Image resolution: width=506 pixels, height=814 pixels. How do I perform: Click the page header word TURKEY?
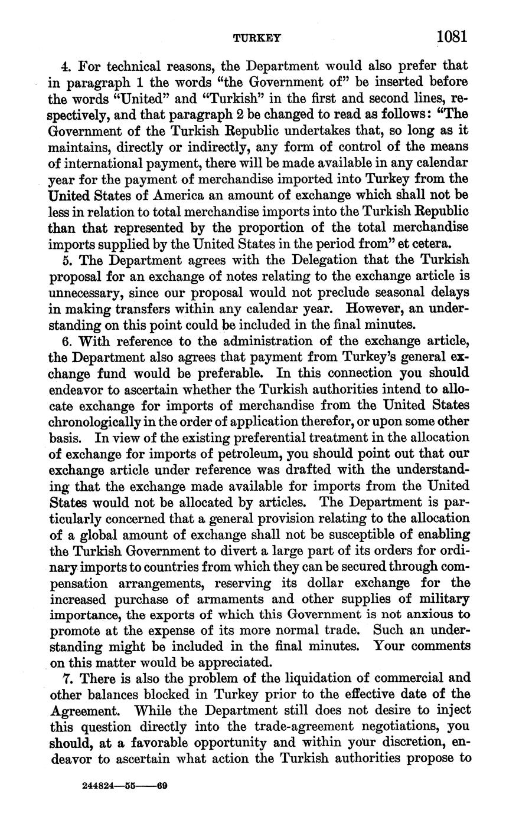257,38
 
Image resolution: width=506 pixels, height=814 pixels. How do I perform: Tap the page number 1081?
452,37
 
